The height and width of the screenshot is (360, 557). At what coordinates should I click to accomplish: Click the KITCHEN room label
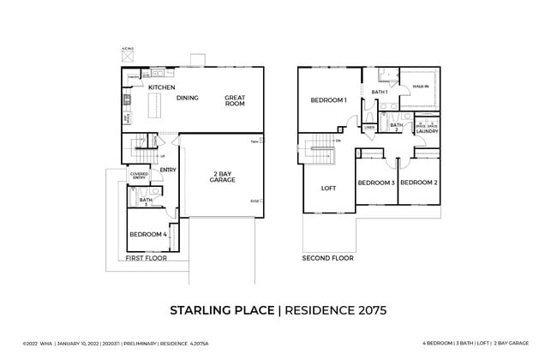pos(162,87)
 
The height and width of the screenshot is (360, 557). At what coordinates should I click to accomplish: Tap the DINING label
pos(188,98)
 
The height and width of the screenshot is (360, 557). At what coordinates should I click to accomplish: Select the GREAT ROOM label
pos(235,100)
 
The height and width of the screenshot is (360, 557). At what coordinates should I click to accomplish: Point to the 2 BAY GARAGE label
pos(222,177)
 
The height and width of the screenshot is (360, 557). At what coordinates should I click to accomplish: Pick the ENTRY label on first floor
pos(168,170)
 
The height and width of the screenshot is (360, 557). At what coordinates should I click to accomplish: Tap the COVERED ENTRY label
pos(140,177)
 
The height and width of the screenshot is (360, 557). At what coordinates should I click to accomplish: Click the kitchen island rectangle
pos(156,105)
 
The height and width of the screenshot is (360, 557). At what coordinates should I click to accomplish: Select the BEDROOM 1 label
pos(327,100)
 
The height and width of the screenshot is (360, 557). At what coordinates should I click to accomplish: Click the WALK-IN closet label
pos(420,87)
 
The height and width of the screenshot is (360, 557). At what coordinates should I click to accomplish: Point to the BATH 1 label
pos(380,92)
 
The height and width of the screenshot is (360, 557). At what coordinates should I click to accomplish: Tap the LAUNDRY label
pos(427,131)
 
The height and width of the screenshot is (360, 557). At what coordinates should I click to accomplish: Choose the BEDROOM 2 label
pos(419,183)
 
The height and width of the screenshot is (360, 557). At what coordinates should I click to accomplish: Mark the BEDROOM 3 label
pos(375,183)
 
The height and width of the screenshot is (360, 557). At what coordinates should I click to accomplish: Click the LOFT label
pos(328,188)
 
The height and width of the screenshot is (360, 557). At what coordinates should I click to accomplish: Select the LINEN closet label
pos(369,128)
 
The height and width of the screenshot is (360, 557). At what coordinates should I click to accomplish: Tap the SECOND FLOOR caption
pos(327,257)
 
